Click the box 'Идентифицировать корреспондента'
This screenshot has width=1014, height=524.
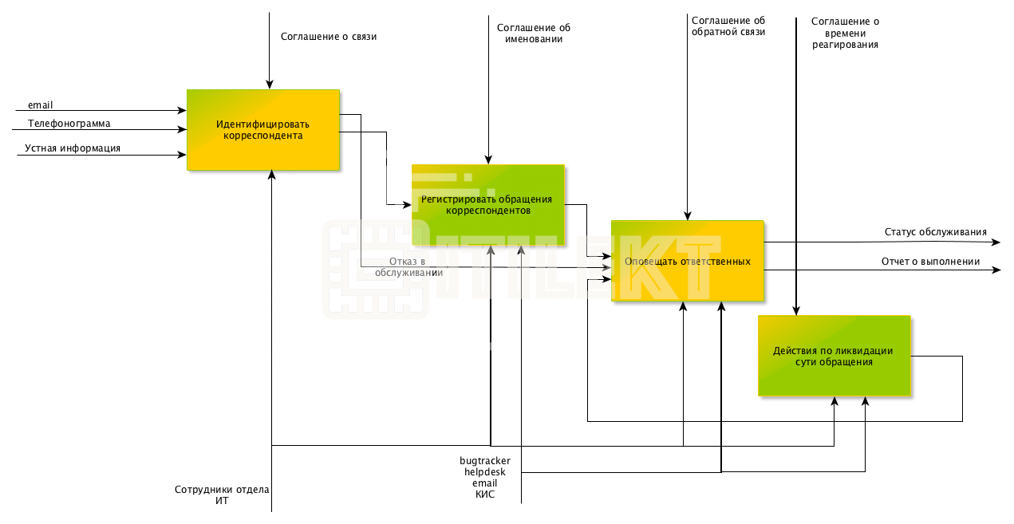click(x=263, y=130)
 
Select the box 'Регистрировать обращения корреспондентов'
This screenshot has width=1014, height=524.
click(x=488, y=205)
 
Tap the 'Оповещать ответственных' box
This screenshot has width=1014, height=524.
click(x=688, y=261)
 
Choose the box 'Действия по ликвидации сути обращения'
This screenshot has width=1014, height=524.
click(x=834, y=356)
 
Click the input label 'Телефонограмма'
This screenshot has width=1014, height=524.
click(x=69, y=124)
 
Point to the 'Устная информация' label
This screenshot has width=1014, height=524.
click(x=73, y=148)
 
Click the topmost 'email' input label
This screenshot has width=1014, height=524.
click(x=40, y=105)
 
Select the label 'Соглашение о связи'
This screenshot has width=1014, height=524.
click(x=329, y=37)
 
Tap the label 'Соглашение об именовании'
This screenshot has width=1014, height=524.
click(x=534, y=33)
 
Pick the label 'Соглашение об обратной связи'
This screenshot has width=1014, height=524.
click(x=728, y=26)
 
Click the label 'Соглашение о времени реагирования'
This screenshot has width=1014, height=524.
click(x=845, y=33)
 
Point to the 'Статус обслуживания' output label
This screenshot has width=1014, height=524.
click(x=936, y=232)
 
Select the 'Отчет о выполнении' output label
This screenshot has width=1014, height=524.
click(x=931, y=262)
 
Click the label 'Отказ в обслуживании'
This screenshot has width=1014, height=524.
click(x=408, y=267)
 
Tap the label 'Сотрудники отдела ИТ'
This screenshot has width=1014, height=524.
click(x=222, y=495)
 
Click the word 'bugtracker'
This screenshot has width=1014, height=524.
click(x=485, y=461)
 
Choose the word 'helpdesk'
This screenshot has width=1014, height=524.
click(x=485, y=472)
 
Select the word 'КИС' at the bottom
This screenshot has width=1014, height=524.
click(x=485, y=494)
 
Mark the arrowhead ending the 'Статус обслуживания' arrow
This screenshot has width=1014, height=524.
click(x=996, y=242)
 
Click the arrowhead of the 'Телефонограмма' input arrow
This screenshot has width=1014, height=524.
click(x=183, y=129)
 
